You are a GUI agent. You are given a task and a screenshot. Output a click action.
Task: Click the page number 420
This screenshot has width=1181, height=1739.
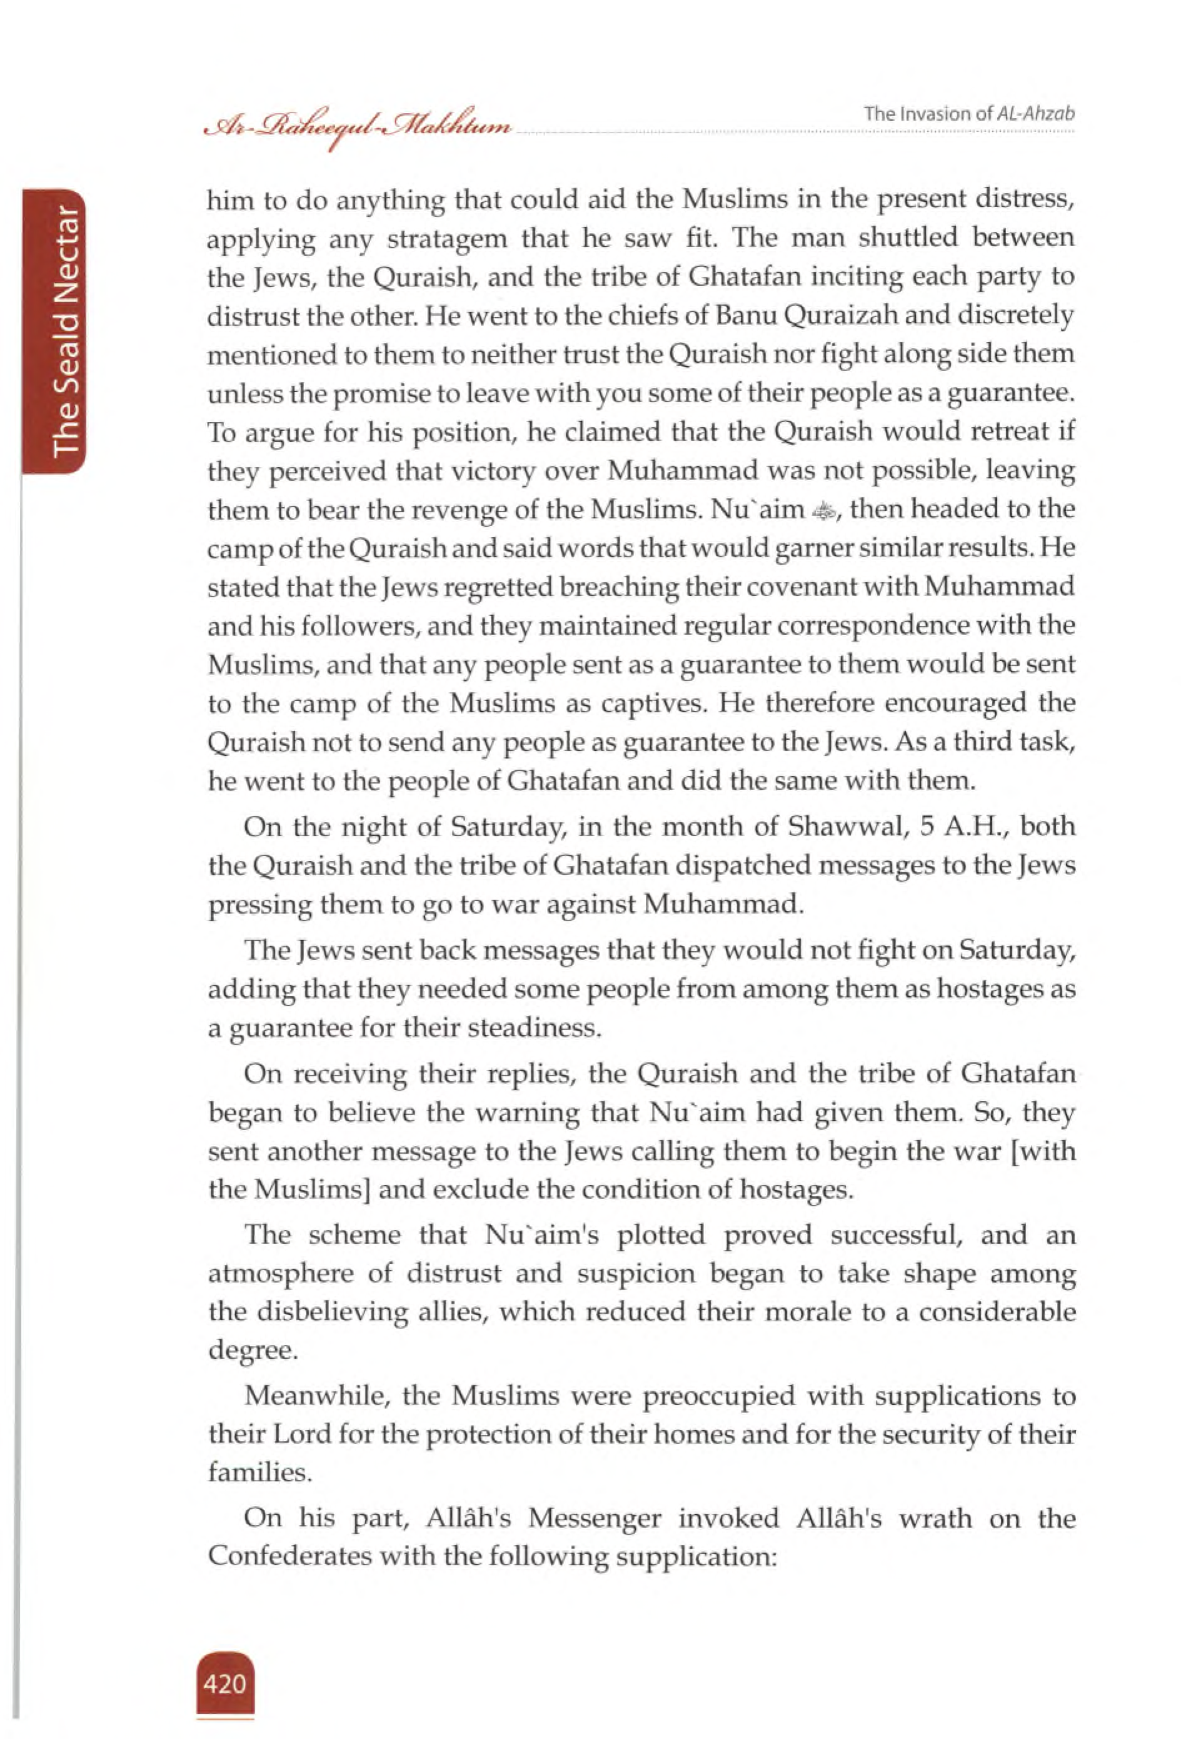pos(224,1683)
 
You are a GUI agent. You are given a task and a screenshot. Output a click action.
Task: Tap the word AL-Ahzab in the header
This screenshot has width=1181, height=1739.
pos(1036,114)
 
